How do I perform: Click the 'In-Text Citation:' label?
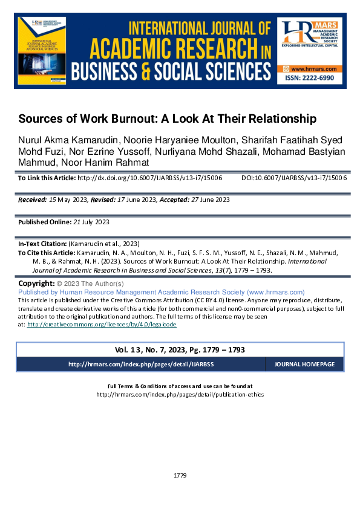point(44,244)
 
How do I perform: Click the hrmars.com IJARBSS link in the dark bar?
point(141,365)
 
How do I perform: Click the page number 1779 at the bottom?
point(180,476)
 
